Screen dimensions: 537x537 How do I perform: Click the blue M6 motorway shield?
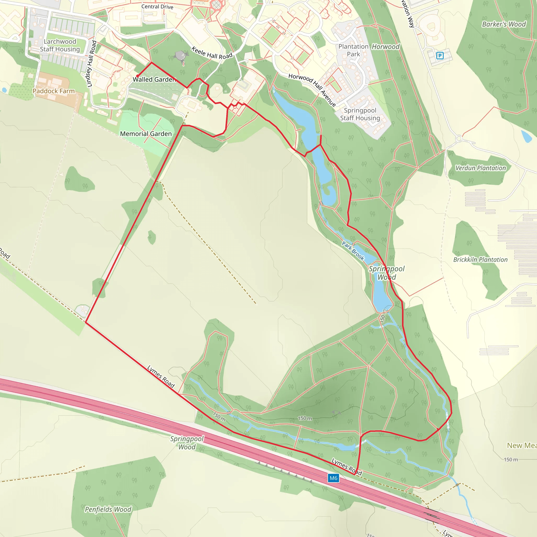[x=333, y=478]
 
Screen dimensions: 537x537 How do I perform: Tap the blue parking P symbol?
[x=440, y=56]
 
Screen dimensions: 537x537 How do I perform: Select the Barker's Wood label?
[x=504, y=24]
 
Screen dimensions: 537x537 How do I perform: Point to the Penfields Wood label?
[x=108, y=509]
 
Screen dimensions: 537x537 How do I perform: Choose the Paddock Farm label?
[x=54, y=91]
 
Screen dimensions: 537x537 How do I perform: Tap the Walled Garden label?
[x=154, y=79]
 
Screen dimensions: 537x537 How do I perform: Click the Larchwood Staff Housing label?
[x=60, y=45]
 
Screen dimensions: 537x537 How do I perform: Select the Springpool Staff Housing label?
[x=360, y=114]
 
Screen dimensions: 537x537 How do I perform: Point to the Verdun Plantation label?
[x=480, y=168]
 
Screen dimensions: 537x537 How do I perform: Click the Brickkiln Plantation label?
[x=480, y=260]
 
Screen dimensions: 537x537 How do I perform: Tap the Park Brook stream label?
[x=353, y=251]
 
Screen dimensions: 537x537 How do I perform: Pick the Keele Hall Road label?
[x=212, y=53]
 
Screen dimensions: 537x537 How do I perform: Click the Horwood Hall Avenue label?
[x=312, y=89]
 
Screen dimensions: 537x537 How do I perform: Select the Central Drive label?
[x=157, y=7]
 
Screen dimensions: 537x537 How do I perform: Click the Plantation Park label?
[x=353, y=50]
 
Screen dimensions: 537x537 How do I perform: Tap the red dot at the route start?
[x=137, y=76]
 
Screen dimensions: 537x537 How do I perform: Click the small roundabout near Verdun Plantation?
[x=459, y=138]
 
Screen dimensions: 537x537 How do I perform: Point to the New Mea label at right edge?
[x=522, y=445]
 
